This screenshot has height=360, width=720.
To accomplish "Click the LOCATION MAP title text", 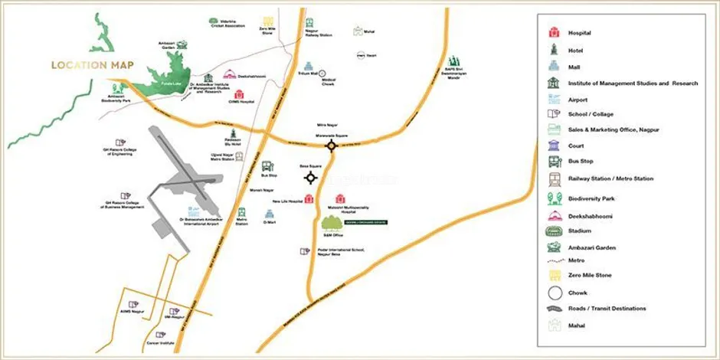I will pyautogui.click(x=89, y=65).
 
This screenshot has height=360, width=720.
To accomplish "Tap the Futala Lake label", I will pyautogui.click(x=160, y=82).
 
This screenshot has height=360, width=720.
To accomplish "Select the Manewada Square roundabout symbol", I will pyautogui.click(x=331, y=146).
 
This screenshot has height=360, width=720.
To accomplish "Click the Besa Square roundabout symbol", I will pyautogui.click(x=311, y=178).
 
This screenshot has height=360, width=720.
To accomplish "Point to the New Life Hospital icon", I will pyautogui.click(x=309, y=199).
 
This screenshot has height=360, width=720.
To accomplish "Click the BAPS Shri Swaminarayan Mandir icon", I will pyautogui.click(x=453, y=61).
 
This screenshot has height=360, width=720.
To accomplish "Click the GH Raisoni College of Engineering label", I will pyautogui.click(x=118, y=152).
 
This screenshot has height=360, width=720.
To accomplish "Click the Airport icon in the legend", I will pyautogui.click(x=554, y=99).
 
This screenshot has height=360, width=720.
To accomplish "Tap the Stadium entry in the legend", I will pyautogui.click(x=579, y=231).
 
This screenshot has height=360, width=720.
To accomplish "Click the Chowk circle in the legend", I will pyautogui.click(x=554, y=292).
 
